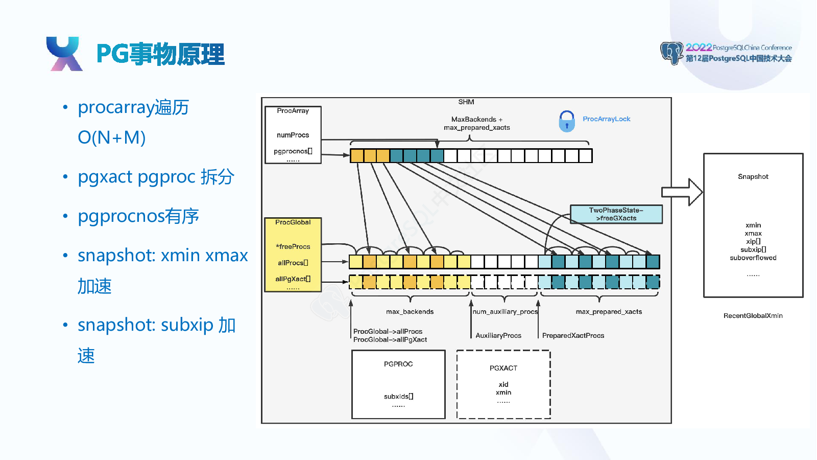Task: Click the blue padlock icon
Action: coord(567,122)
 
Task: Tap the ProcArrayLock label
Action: coord(606,119)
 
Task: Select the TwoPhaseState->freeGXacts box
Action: coord(616,214)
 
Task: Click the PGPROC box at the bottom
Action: coord(398,384)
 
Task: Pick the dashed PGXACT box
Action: coord(503,384)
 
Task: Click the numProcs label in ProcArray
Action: coord(293,135)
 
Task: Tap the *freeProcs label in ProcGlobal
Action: coord(293,247)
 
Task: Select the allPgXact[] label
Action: coord(293,279)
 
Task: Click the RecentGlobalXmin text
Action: coord(753,316)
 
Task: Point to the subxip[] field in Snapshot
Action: coord(753,250)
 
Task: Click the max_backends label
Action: coord(410,312)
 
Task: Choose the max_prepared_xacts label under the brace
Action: coord(609,312)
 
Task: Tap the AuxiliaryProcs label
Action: coord(498,335)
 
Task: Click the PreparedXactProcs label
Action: coord(573,335)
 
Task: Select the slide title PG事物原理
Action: coord(160,54)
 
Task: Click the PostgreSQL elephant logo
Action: coord(671,53)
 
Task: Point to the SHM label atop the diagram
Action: coord(466,102)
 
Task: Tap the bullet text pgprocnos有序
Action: coord(138,216)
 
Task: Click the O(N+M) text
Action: coord(112,137)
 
